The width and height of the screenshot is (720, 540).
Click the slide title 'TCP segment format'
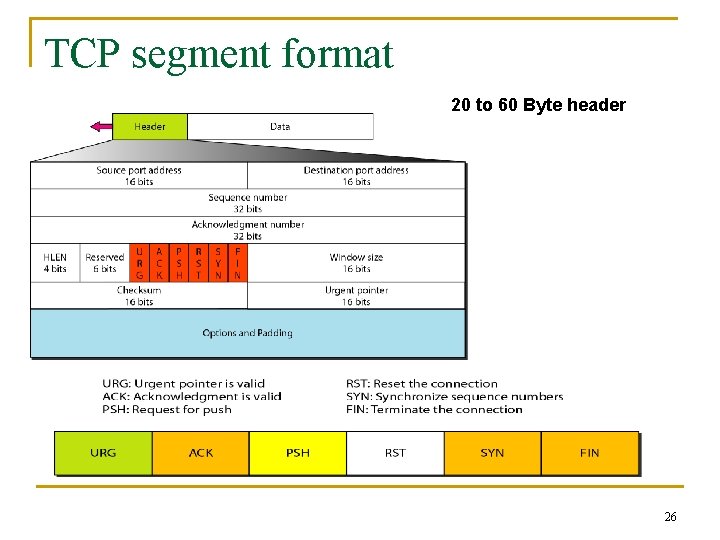[x=219, y=54]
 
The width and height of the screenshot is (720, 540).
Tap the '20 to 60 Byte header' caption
[x=538, y=105]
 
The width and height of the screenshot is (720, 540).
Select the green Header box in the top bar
[x=150, y=126]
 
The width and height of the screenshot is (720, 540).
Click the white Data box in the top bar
[x=280, y=126]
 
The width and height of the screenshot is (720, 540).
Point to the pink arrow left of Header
[x=102, y=126]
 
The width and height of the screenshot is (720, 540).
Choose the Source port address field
[x=139, y=176]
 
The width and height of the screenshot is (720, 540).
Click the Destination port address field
[x=356, y=176]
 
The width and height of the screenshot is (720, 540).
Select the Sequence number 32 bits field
[x=247, y=203]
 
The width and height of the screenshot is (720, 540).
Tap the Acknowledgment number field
[x=247, y=230]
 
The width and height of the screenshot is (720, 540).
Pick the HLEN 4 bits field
[x=55, y=263]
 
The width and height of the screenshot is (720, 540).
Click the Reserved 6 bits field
[x=105, y=263]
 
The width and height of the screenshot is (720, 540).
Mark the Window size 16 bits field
[x=356, y=263]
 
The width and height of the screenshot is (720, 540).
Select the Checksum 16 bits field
[x=139, y=296]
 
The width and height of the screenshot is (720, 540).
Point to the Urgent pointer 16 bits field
[x=356, y=296]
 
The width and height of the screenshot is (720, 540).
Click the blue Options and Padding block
[x=247, y=333]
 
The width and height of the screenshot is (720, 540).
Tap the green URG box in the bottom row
[x=103, y=453]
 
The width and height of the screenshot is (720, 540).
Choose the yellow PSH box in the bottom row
[x=298, y=453]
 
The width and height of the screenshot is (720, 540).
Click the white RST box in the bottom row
[x=395, y=453]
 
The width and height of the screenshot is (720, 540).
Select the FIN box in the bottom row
[x=590, y=453]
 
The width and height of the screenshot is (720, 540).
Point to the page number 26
[x=670, y=517]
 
